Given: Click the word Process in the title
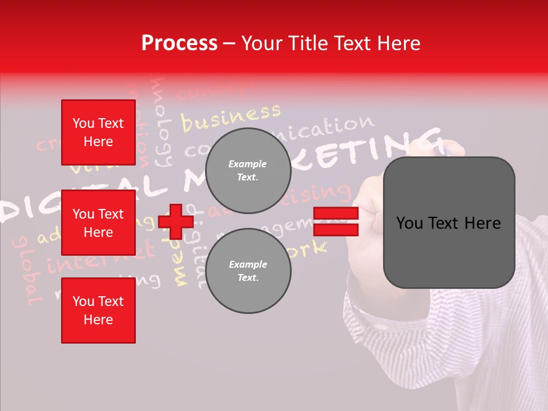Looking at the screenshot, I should [x=179, y=43].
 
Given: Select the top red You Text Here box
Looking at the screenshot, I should [x=98, y=132].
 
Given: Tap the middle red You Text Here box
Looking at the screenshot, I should [x=98, y=223].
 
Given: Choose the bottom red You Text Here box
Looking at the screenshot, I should [x=98, y=311].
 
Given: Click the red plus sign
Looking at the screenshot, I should [x=176, y=221].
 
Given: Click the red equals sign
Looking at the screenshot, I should [x=336, y=221].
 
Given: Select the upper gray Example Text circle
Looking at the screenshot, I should [x=248, y=170].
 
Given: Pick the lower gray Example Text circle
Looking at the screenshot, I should [x=248, y=271].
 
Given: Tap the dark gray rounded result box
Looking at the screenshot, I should [x=449, y=223].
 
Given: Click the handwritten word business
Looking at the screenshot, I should [x=231, y=116].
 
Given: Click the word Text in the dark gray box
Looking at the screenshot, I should [x=449, y=223].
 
